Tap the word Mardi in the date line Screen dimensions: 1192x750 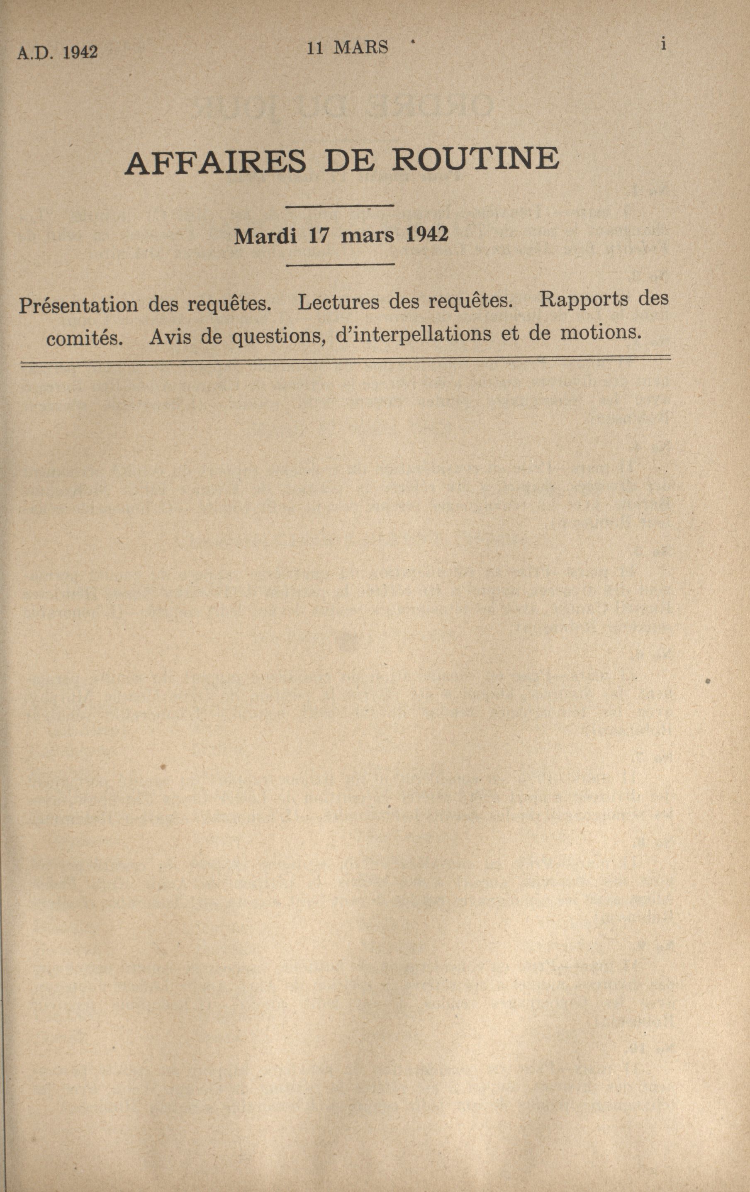point(265,236)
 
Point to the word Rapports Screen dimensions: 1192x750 point(582,299)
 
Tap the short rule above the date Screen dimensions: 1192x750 point(340,206)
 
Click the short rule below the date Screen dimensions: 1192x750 point(340,265)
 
